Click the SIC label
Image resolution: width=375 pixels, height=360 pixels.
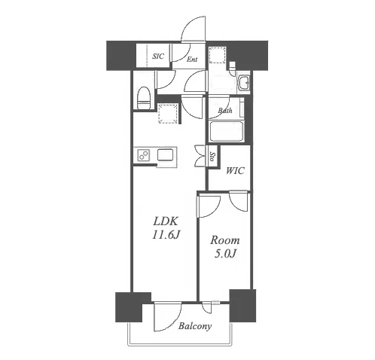[x=158, y=56]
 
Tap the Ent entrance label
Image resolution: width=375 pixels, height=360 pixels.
[x=192, y=59]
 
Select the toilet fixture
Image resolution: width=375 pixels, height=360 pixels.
[x=144, y=98]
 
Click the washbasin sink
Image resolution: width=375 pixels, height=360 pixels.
[x=243, y=82]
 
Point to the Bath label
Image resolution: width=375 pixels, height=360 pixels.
[x=225, y=110]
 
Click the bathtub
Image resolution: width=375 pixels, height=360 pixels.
[x=226, y=131]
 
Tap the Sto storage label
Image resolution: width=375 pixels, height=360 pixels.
[x=213, y=157]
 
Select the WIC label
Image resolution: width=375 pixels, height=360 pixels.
[x=235, y=171]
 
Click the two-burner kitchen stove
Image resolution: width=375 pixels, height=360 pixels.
[x=144, y=155]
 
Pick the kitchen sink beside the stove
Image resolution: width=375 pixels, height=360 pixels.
[x=165, y=154]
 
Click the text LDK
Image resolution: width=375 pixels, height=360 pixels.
[x=166, y=221]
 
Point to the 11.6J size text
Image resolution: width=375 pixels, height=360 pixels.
[x=166, y=235]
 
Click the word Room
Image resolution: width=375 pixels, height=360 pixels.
[x=225, y=240]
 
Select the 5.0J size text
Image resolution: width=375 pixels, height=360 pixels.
[x=225, y=254]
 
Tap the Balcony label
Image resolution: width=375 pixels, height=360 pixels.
[x=195, y=326]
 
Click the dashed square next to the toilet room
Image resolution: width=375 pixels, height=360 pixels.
[x=168, y=114]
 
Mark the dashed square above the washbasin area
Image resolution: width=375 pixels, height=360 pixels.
[x=217, y=55]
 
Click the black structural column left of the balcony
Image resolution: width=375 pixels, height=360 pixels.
[x=133, y=307]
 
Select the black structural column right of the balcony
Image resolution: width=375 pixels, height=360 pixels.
[x=242, y=306]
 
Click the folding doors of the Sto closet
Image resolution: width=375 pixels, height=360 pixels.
[x=200, y=156]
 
